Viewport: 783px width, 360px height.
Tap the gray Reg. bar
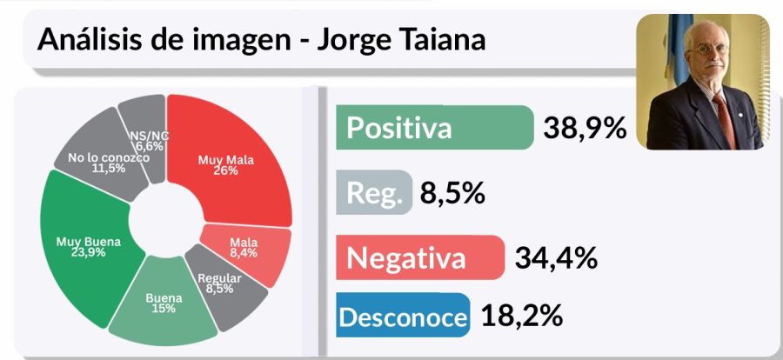373,192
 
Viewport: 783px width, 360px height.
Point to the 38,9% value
585,128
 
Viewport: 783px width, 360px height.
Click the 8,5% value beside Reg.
452,192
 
